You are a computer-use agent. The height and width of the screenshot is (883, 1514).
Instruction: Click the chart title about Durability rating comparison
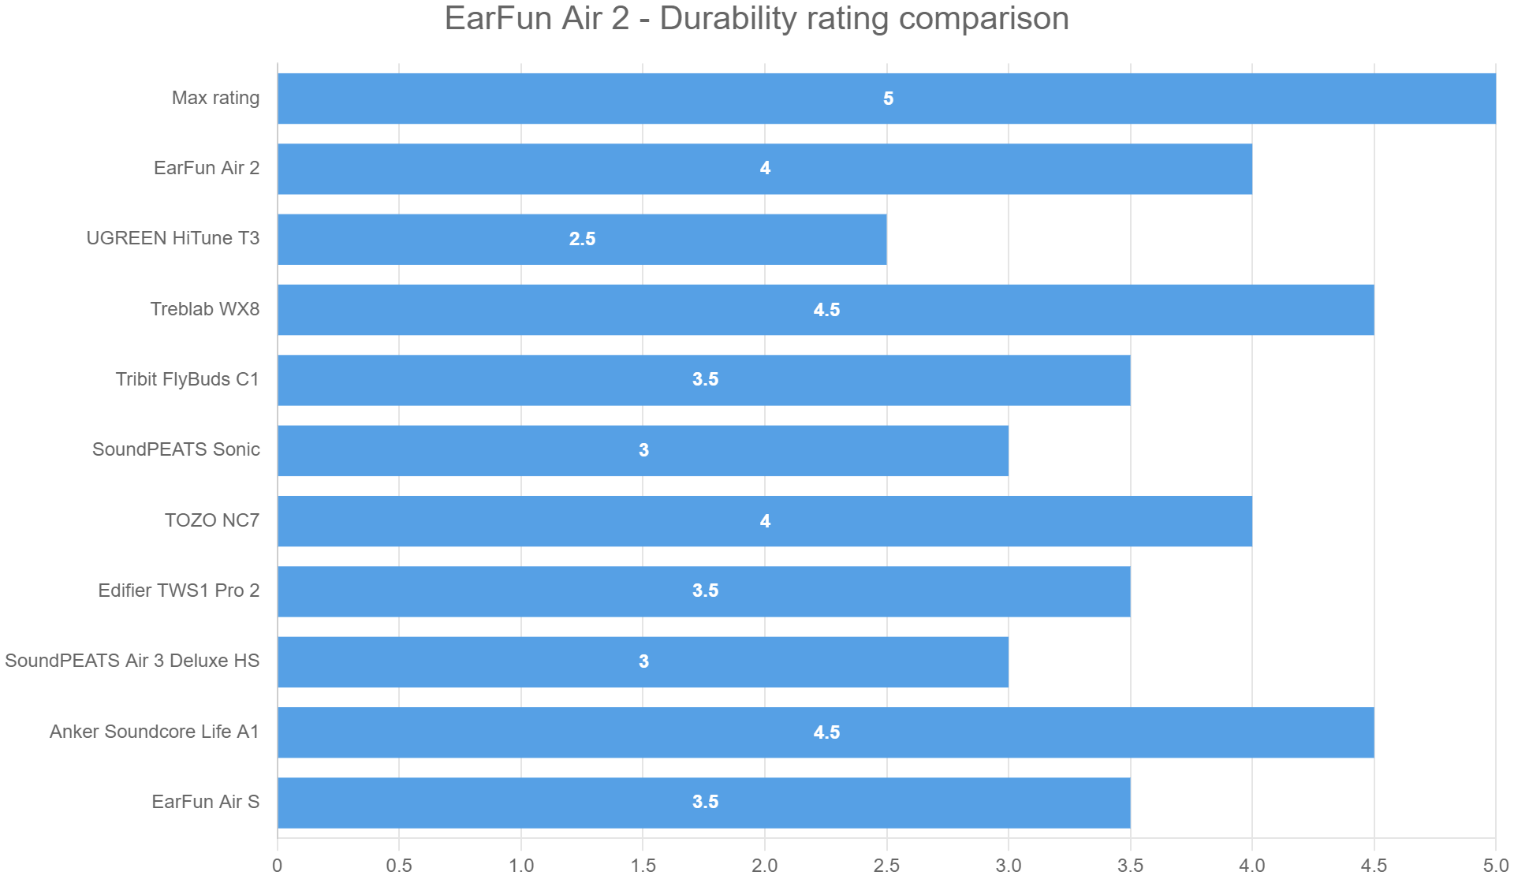point(756,19)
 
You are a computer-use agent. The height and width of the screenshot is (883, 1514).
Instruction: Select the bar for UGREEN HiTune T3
point(582,239)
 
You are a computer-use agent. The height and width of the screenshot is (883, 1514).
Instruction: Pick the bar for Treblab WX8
point(826,310)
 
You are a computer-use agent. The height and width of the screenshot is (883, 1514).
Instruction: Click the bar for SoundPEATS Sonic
point(643,450)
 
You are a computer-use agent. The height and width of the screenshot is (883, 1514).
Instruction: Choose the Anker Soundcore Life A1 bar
point(826,732)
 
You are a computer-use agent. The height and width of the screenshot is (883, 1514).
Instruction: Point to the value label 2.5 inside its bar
point(582,239)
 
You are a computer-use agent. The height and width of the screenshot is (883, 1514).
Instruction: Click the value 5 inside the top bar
point(888,99)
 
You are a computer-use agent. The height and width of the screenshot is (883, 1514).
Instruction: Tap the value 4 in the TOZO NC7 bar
point(765,521)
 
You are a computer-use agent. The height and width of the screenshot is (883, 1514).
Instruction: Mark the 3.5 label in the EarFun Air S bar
point(705,802)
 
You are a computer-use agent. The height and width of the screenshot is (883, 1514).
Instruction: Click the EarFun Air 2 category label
point(207,168)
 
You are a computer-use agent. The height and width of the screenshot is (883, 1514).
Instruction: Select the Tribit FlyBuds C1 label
point(188,379)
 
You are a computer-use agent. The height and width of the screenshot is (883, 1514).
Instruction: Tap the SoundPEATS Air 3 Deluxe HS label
point(132,661)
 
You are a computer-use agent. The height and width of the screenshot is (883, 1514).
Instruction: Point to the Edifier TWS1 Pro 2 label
point(179,591)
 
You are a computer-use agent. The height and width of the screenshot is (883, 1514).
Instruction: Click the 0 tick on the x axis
point(277,866)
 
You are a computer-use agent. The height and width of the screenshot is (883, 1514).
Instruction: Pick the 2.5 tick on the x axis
point(886,866)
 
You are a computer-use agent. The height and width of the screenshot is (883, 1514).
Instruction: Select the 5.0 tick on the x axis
point(1495,866)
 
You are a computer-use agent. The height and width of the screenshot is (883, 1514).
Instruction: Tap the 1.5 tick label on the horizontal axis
point(643,866)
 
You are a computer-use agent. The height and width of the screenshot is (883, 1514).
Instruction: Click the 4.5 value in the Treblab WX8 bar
point(826,310)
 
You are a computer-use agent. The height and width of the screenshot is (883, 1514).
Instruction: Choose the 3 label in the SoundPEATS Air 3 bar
point(643,661)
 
